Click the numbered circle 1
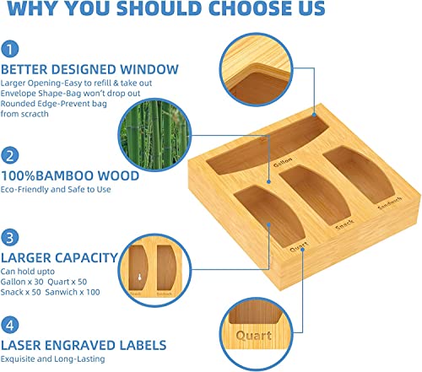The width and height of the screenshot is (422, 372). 10,49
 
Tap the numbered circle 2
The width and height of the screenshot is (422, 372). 10,155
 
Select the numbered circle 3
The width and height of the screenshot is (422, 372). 10,238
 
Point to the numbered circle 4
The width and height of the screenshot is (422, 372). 10,325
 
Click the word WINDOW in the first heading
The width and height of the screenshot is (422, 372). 149,69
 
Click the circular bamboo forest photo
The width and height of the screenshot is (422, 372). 154,135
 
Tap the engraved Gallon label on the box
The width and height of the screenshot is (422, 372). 283,162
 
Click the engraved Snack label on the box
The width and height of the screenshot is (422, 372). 344,225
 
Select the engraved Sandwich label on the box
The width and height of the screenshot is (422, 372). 390,203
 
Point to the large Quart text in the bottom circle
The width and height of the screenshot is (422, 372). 254,336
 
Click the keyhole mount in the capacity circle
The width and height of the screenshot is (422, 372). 139,277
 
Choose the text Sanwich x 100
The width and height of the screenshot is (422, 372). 73,292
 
